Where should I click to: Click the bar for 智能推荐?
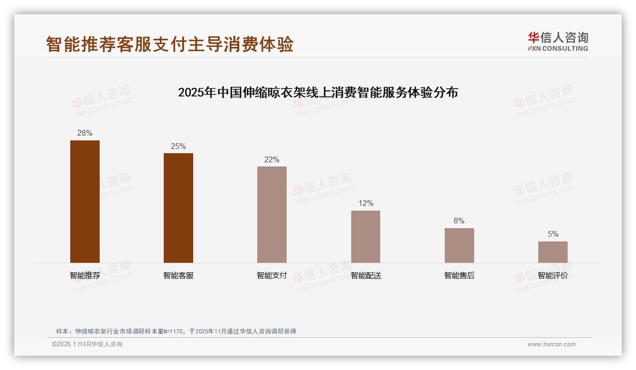[x=85, y=202]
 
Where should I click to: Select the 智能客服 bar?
[x=178, y=208]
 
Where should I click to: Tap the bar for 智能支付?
[x=272, y=214]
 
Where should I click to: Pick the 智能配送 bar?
[x=365, y=237]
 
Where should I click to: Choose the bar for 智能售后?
[x=459, y=245]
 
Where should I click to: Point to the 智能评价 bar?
[x=552, y=252]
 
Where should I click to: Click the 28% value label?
[x=85, y=133]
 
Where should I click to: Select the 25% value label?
[x=178, y=146]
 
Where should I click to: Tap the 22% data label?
[x=272, y=159]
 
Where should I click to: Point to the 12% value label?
[x=365, y=203]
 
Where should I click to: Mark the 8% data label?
[x=459, y=221]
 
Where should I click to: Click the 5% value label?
[x=552, y=234]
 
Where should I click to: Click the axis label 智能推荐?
[x=85, y=276]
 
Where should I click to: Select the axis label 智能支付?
[x=272, y=276]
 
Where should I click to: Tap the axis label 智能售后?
[x=459, y=276]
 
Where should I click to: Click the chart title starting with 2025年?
[x=318, y=92]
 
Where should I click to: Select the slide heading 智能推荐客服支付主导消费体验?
[x=170, y=44]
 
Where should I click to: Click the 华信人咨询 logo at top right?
[x=558, y=41]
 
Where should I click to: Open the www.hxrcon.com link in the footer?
[x=552, y=344]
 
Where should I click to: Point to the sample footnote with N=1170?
[x=176, y=332]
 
